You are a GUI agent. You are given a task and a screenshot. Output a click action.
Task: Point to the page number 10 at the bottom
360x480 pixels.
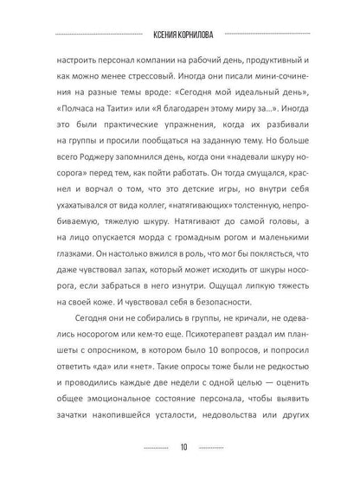179,447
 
